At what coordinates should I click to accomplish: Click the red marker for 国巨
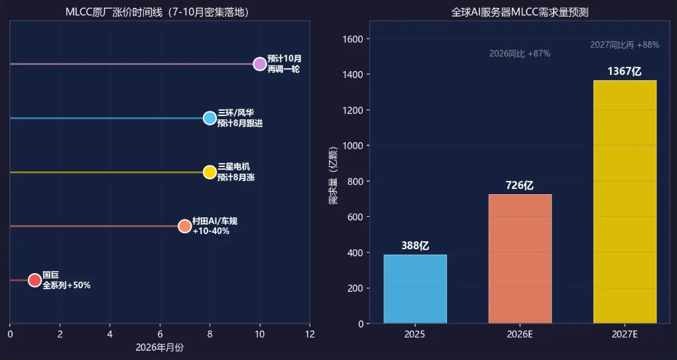coord(35,280)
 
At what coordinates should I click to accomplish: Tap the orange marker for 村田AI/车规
coord(185,226)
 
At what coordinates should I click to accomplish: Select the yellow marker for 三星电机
coord(210,172)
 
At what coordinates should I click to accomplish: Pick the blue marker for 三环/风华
coord(210,118)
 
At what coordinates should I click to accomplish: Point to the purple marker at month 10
coord(260,64)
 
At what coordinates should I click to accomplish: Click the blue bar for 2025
coord(415,289)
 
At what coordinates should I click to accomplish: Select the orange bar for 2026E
coord(521,259)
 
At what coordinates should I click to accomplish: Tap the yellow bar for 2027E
coord(625,202)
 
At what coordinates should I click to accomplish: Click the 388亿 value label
coord(415,246)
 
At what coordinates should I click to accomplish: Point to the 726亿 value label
coord(521,186)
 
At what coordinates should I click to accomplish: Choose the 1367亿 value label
coord(625,72)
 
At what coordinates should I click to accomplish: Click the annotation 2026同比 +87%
coord(520,54)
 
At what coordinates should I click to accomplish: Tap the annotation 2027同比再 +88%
coord(625,45)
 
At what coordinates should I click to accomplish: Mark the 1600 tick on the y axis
coord(353,39)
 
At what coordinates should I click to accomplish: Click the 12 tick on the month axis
coord(310,334)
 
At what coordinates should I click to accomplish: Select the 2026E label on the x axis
coord(521,335)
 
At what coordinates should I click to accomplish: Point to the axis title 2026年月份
coord(160,348)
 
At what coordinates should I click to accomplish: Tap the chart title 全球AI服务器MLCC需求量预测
coord(520,13)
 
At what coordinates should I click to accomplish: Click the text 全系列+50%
coord(66,285)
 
